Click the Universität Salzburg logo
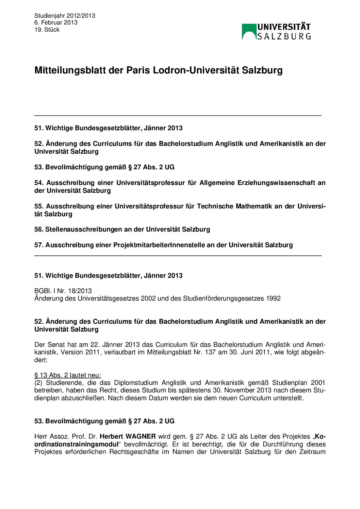tap(276, 32)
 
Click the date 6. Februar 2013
tap(56, 22)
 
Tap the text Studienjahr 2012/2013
tap(65, 16)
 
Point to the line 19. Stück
tap(47, 30)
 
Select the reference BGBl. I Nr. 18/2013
tap(63, 291)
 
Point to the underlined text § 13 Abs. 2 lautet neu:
tap(68, 375)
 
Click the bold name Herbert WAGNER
tap(128, 437)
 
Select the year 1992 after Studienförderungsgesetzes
tap(273, 299)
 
